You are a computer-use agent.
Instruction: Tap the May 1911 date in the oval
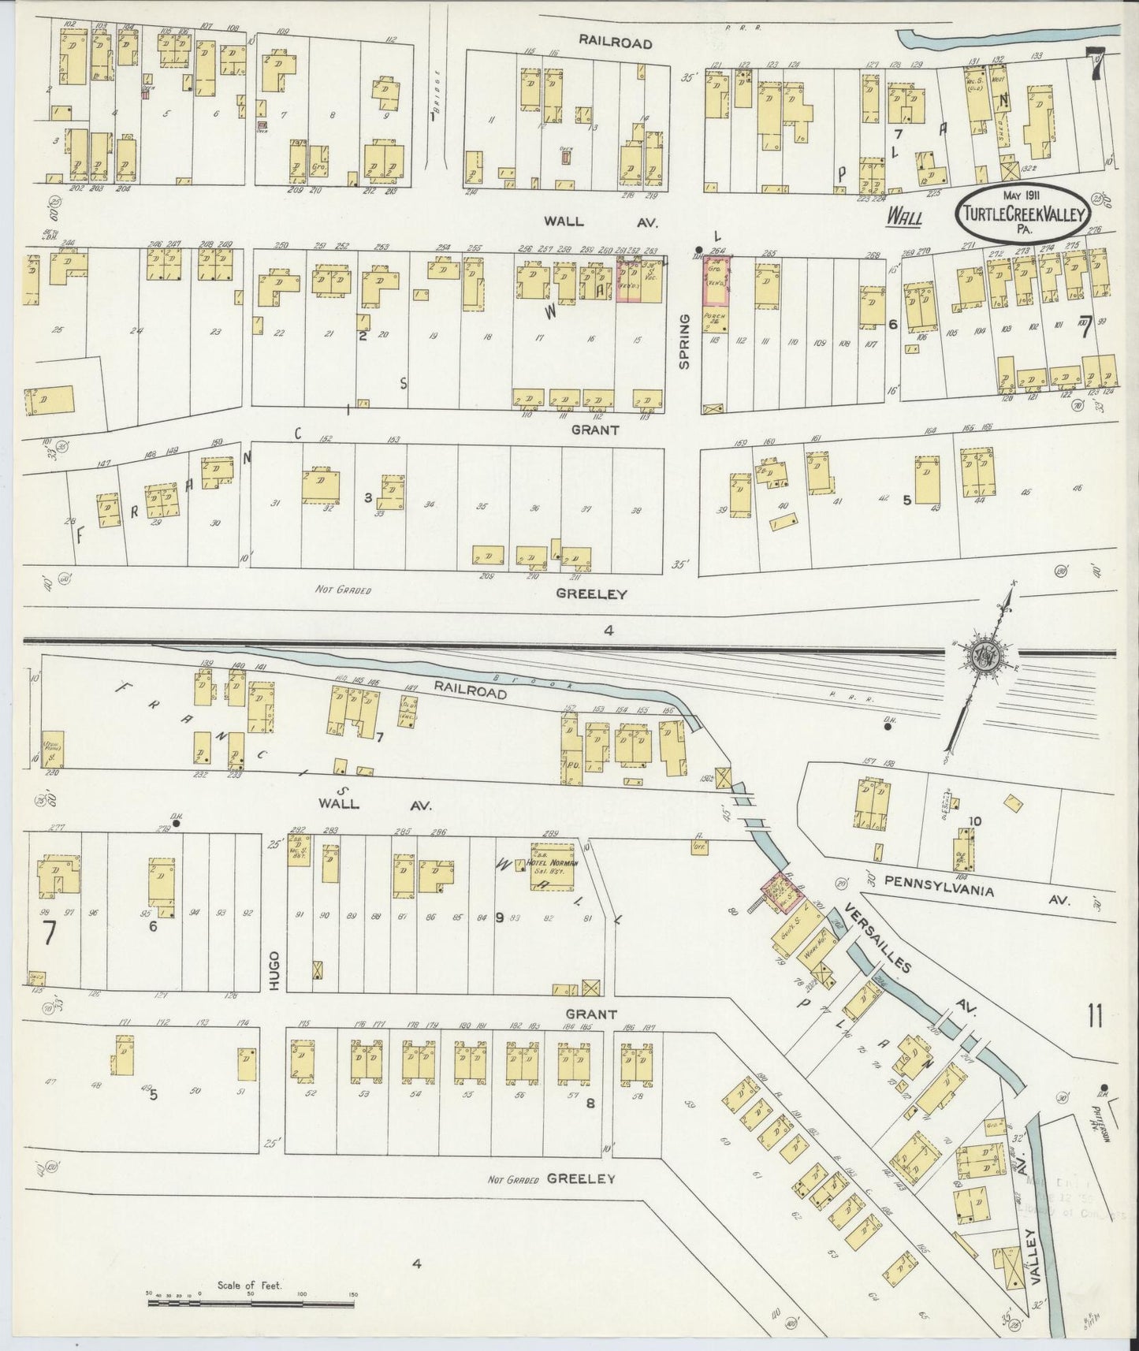(1022, 195)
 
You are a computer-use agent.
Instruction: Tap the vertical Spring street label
(684, 341)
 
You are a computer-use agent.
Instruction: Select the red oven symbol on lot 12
(566, 157)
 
